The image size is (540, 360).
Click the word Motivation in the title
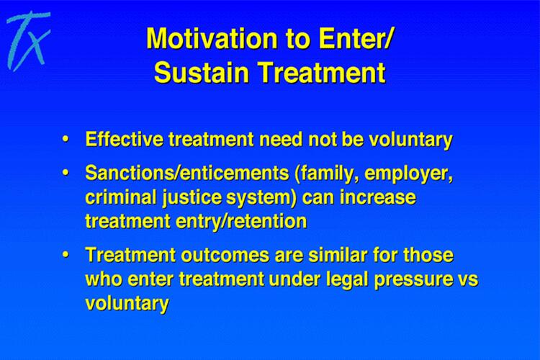click(212, 39)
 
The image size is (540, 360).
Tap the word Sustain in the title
click(201, 72)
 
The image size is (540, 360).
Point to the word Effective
click(124, 139)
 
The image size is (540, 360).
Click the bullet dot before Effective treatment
click(65, 140)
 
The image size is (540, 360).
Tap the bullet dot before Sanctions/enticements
click(65, 173)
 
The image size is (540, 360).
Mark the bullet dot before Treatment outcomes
click(65, 255)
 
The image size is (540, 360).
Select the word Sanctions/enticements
click(187, 173)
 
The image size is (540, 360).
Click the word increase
click(378, 197)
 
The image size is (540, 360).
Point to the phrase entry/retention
click(241, 222)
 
